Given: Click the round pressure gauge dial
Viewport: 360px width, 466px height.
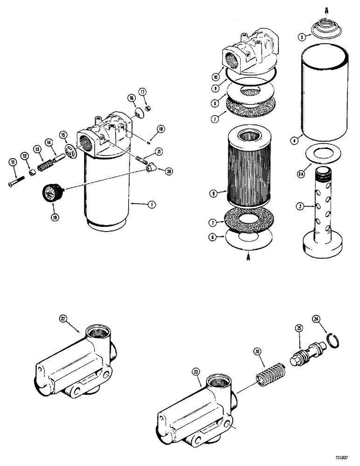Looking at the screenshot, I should pyautogui.click(x=50, y=192).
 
